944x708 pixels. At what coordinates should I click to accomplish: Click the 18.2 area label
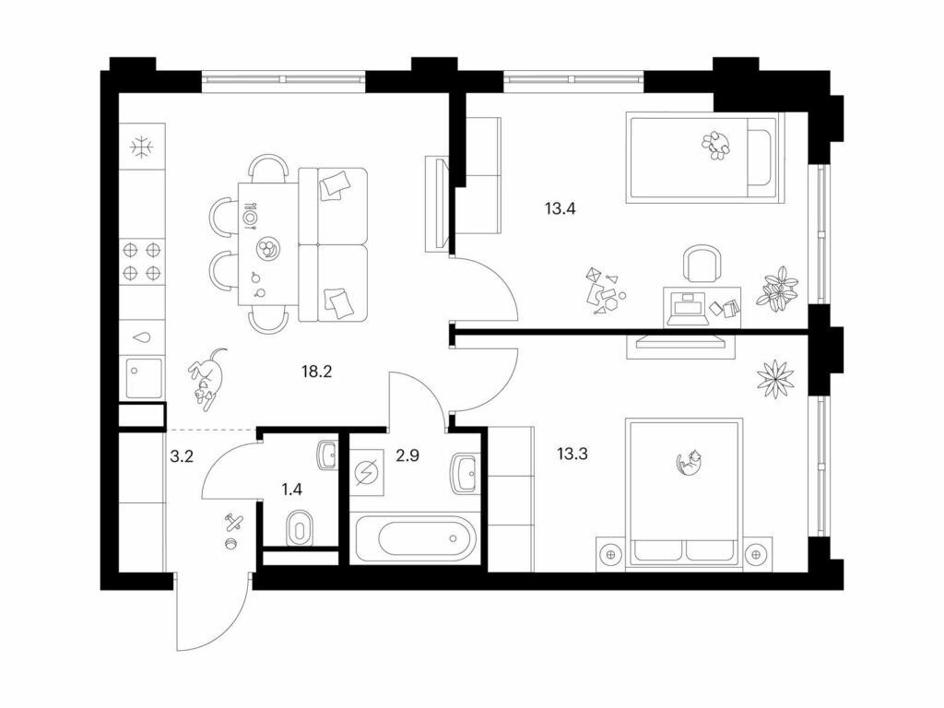(x=317, y=372)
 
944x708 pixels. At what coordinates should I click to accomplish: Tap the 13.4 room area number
(x=560, y=209)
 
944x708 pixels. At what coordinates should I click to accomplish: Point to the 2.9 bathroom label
(x=407, y=455)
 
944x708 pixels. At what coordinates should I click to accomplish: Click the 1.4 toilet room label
(x=292, y=490)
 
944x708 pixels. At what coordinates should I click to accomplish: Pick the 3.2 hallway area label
(x=182, y=457)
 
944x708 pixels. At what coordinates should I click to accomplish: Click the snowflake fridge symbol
(x=143, y=147)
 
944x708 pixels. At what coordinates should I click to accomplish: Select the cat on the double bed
(x=690, y=463)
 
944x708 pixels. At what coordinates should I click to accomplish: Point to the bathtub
(x=417, y=538)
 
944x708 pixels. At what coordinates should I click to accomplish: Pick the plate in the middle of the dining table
(x=265, y=248)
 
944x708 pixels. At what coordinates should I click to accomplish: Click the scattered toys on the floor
(x=603, y=292)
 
